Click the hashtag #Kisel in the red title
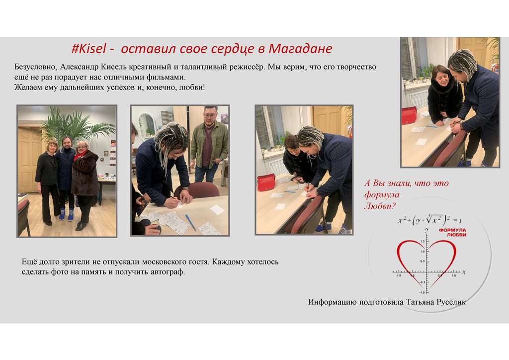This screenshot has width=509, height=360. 88,49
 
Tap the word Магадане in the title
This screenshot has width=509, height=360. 300,49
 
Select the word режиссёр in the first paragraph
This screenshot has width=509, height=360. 243,67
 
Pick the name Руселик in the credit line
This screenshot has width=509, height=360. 451,302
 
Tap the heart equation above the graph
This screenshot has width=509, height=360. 429,220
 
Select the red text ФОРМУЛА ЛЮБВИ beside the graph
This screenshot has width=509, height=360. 452,232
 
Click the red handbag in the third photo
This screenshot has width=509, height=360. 266,182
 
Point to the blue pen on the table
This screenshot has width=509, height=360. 190,222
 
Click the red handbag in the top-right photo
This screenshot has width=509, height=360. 409,115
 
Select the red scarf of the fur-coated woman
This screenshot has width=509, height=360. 79,155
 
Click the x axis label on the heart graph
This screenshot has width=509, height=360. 464,271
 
